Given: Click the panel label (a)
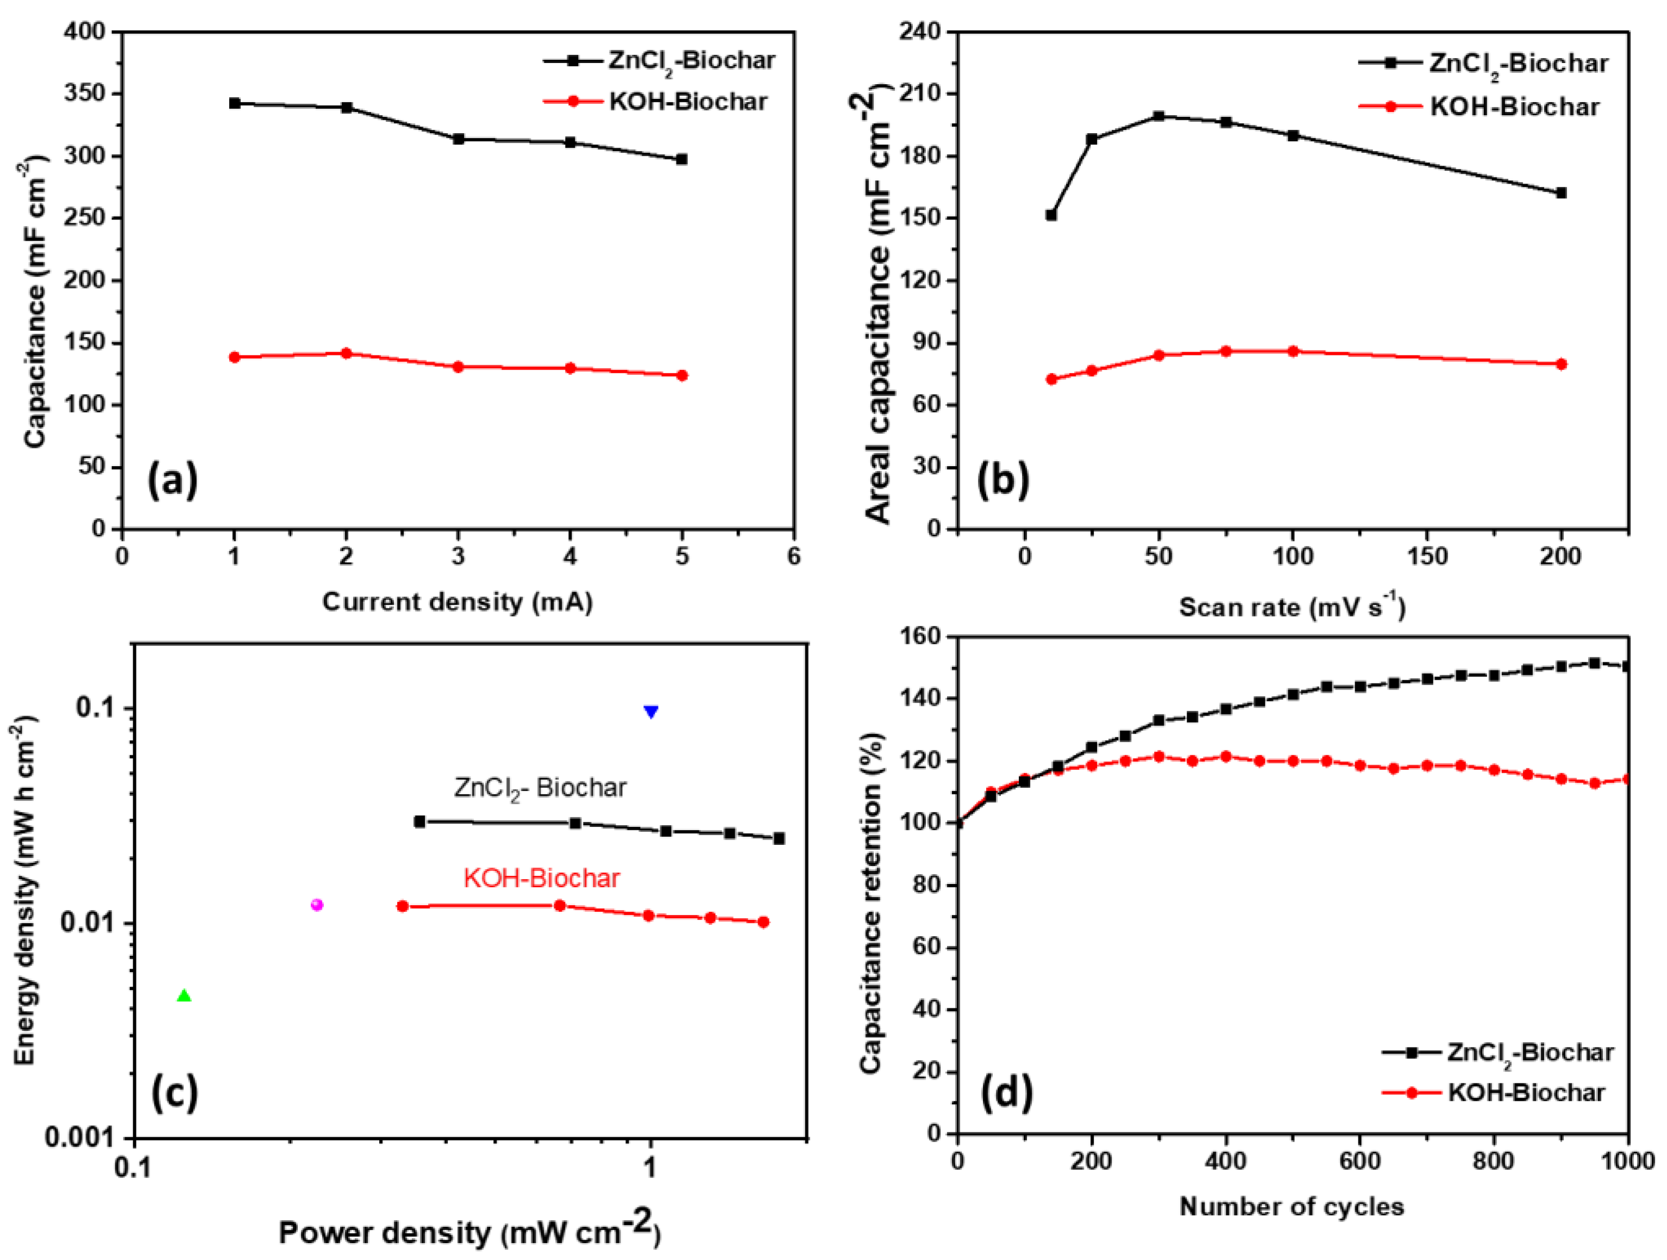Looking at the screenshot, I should (x=173, y=480).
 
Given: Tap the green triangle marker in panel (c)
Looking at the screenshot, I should (x=184, y=996).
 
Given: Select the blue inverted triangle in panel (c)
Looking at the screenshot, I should (x=651, y=711).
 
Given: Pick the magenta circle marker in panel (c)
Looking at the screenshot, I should (x=317, y=904).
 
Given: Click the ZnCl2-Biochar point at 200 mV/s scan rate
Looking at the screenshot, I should (x=1561, y=193).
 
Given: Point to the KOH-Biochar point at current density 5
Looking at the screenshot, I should (x=682, y=375).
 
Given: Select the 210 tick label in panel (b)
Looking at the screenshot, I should (x=923, y=94).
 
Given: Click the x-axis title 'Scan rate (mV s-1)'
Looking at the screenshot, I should (x=1292, y=607).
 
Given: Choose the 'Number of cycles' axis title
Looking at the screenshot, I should (x=1292, y=1207).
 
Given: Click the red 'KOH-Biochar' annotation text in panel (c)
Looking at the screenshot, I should (x=541, y=878).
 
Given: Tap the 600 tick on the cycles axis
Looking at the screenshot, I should (x=1359, y=1160).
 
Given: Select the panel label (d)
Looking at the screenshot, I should (x=1006, y=1093).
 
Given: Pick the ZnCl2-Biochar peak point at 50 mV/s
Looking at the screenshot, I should (x=1158, y=116).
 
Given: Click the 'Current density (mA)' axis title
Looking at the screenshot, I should (x=458, y=602).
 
